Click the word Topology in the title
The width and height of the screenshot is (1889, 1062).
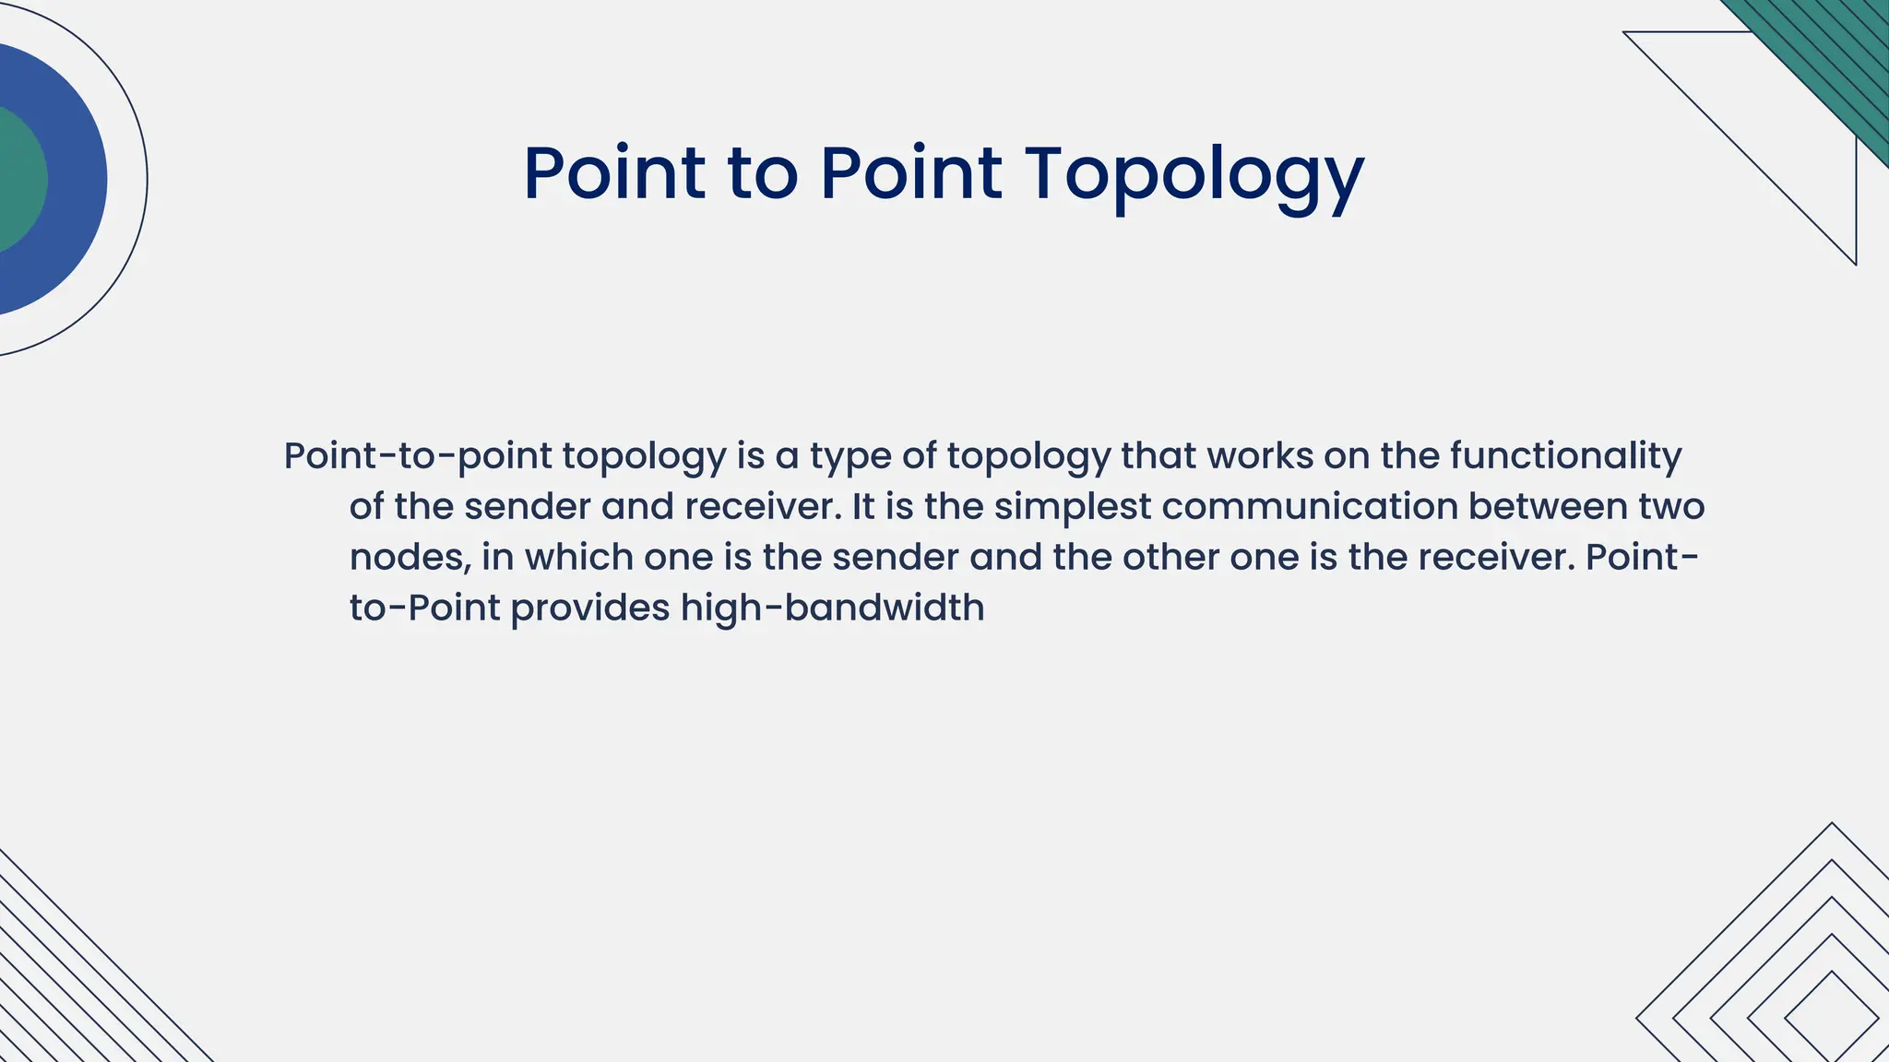pyautogui.click(x=1194, y=175)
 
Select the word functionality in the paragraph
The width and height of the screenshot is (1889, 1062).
pyautogui.click(x=1565, y=456)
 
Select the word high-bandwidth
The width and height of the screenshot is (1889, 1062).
pyautogui.click(x=832, y=608)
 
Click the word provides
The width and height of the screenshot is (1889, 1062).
pyautogui.click(x=590, y=608)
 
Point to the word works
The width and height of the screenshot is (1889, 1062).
pyautogui.click(x=1260, y=455)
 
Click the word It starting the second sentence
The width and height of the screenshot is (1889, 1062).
pyautogui.click(x=862, y=506)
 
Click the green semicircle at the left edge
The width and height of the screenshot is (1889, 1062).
pyautogui.click(x=18, y=180)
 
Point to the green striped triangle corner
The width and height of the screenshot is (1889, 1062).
pyautogui.click(x=1836, y=55)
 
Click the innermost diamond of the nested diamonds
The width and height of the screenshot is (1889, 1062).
pyautogui.click(x=1832, y=1018)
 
